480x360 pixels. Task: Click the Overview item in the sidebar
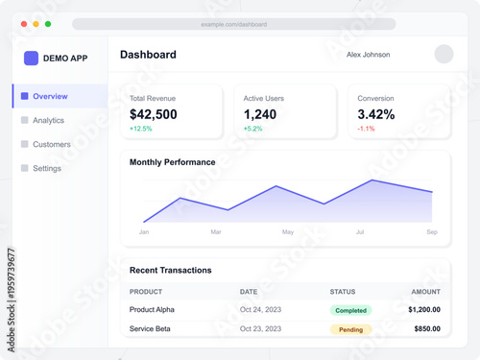pos(50,96)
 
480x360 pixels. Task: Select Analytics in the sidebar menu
pos(48,120)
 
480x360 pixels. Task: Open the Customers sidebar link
pos(51,144)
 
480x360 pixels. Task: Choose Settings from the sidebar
pos(46,168)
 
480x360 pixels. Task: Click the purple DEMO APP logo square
pos(31,58)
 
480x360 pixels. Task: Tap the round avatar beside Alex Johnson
pos(444,55)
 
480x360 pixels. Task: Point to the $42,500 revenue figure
pos(154,114)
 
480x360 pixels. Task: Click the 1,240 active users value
pos(260,114)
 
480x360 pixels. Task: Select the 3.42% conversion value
pos(376,114)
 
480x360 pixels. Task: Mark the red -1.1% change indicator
pos(366,129)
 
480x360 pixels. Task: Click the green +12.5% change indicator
pos(141,129)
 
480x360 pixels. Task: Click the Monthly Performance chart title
pos(173,162)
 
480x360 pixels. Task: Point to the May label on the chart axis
pos(288,232)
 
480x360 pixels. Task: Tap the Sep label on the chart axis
pos(432,232)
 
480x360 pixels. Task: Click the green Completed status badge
pos(351,310)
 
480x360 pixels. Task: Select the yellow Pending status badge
pos(351,329)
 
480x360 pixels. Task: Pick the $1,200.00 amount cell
pos(423,310)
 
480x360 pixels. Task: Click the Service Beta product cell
pos(150,329)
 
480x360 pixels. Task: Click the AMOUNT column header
pos(425,292)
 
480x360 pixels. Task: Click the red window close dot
pos(24,24)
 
